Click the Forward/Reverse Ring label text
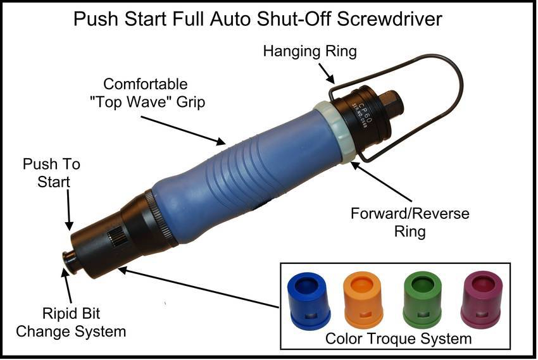pyautogui.click(x=410, y=222)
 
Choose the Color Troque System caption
pyautogui.click(x=398, y=338)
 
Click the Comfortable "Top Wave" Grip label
pyautogui.click(x=154, y=92)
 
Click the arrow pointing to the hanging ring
pyautogui.click(x=329, y=75)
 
